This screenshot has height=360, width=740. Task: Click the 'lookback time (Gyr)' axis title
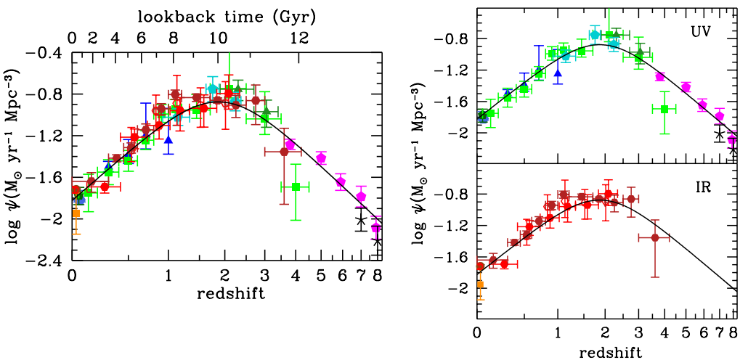coord(225,15)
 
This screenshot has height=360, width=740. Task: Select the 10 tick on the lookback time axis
coord(219,38)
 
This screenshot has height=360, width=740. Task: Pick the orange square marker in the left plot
coord(76,213)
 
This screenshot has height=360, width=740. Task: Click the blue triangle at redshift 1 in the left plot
coord(168,140)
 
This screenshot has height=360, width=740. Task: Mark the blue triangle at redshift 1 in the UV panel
coord(558,73)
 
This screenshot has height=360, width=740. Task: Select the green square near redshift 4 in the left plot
coord(296,187)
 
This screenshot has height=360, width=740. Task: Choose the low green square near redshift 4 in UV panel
coord(664,109)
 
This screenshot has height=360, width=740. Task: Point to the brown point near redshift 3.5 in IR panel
coord(655,237)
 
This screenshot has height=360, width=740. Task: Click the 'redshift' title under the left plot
coord(225,293)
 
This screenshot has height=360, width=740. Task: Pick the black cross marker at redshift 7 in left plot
coord(361,221)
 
